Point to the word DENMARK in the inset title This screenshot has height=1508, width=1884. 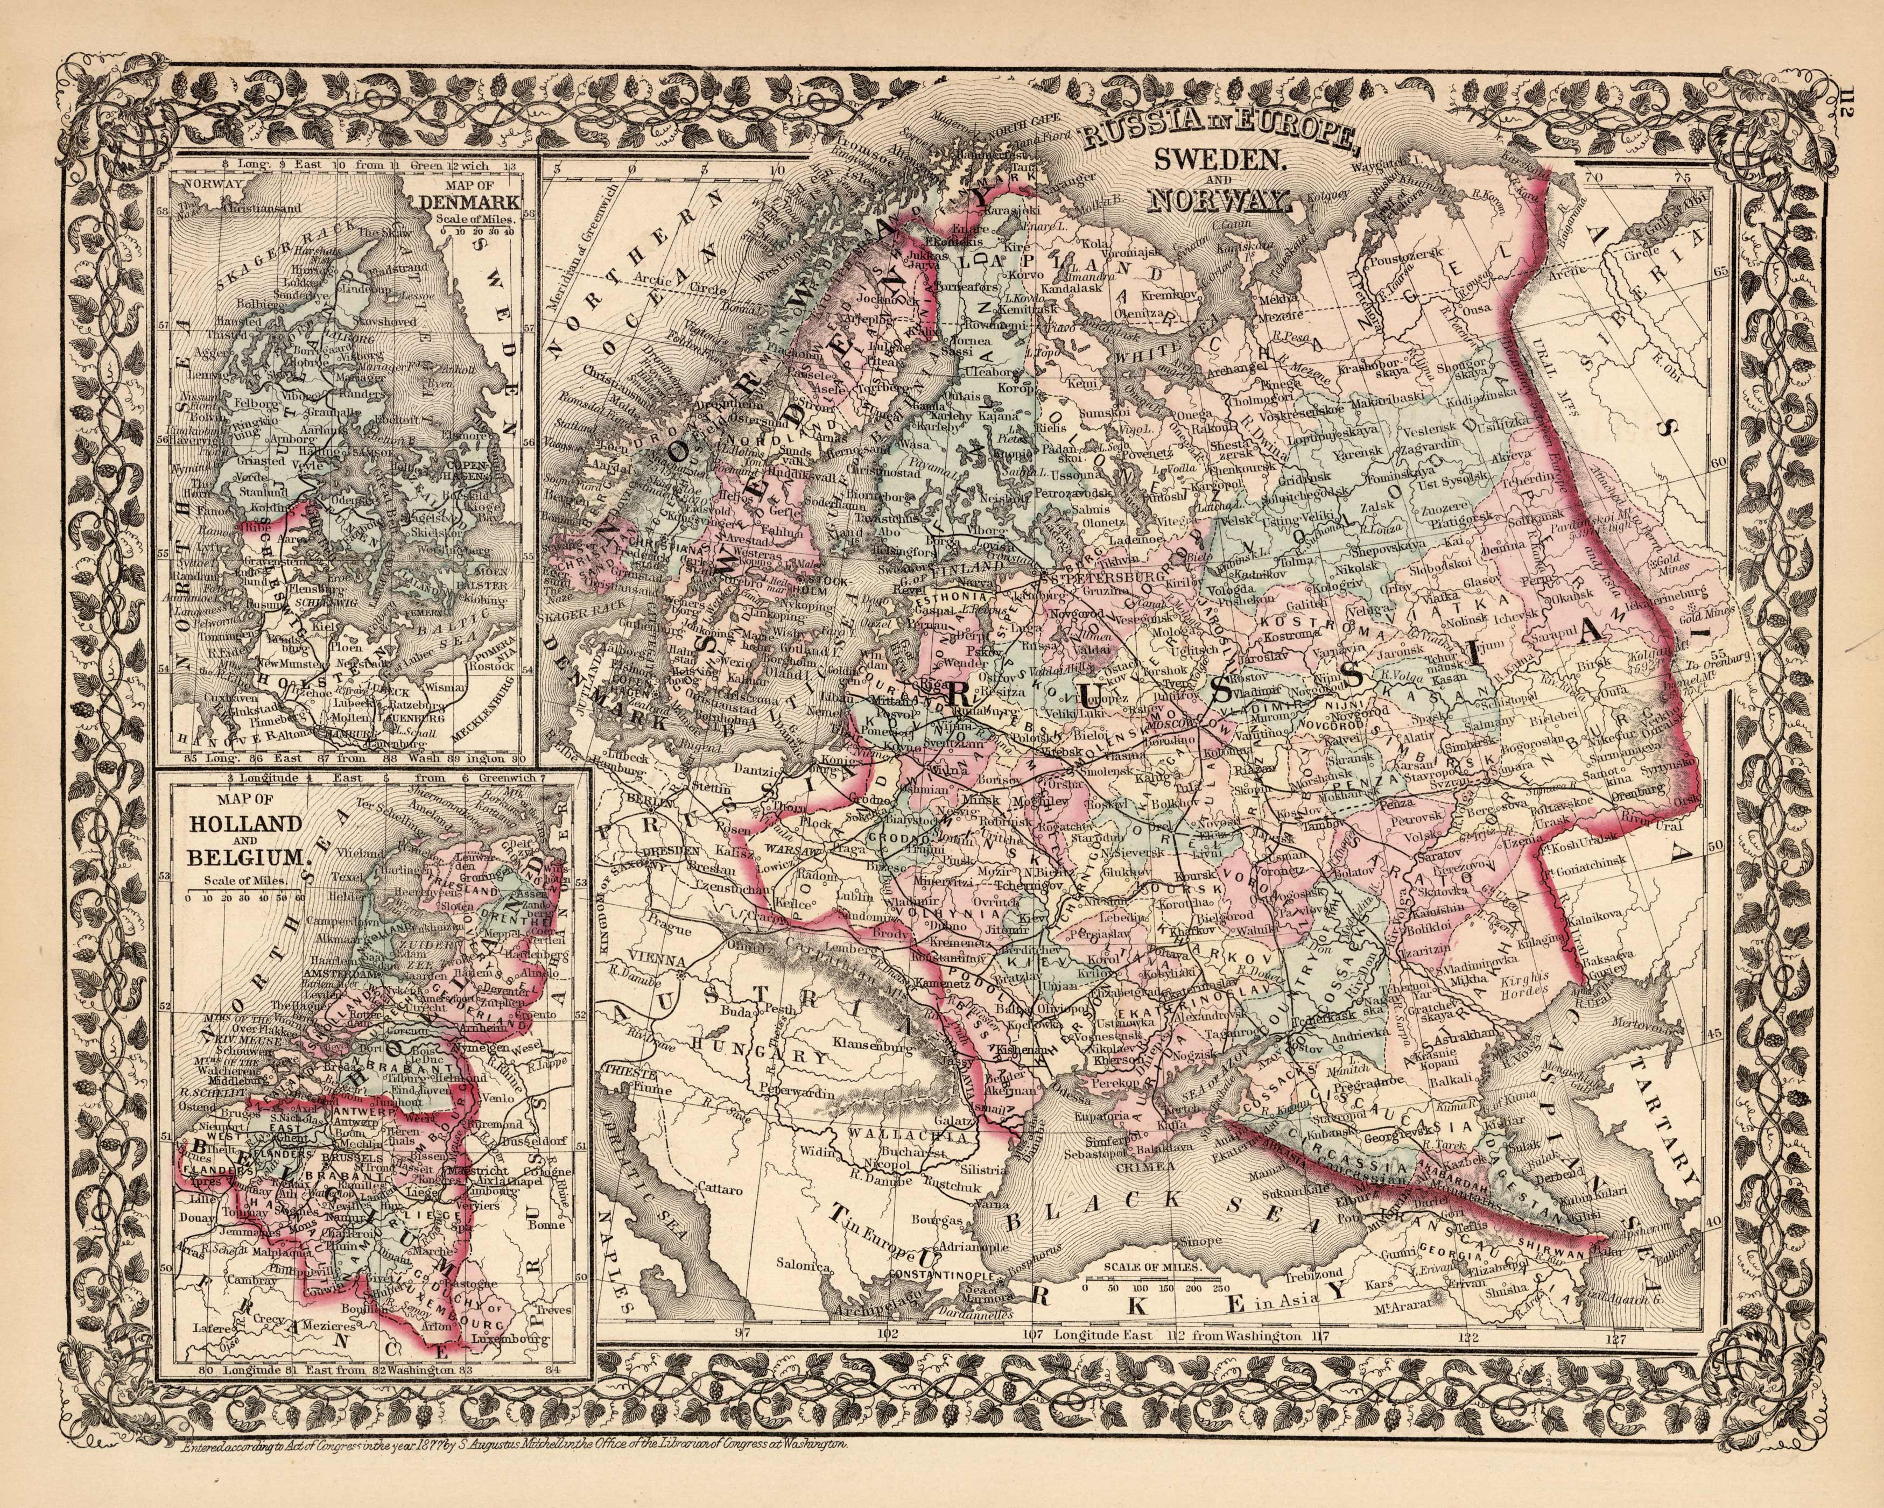click(x=469, y=203)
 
